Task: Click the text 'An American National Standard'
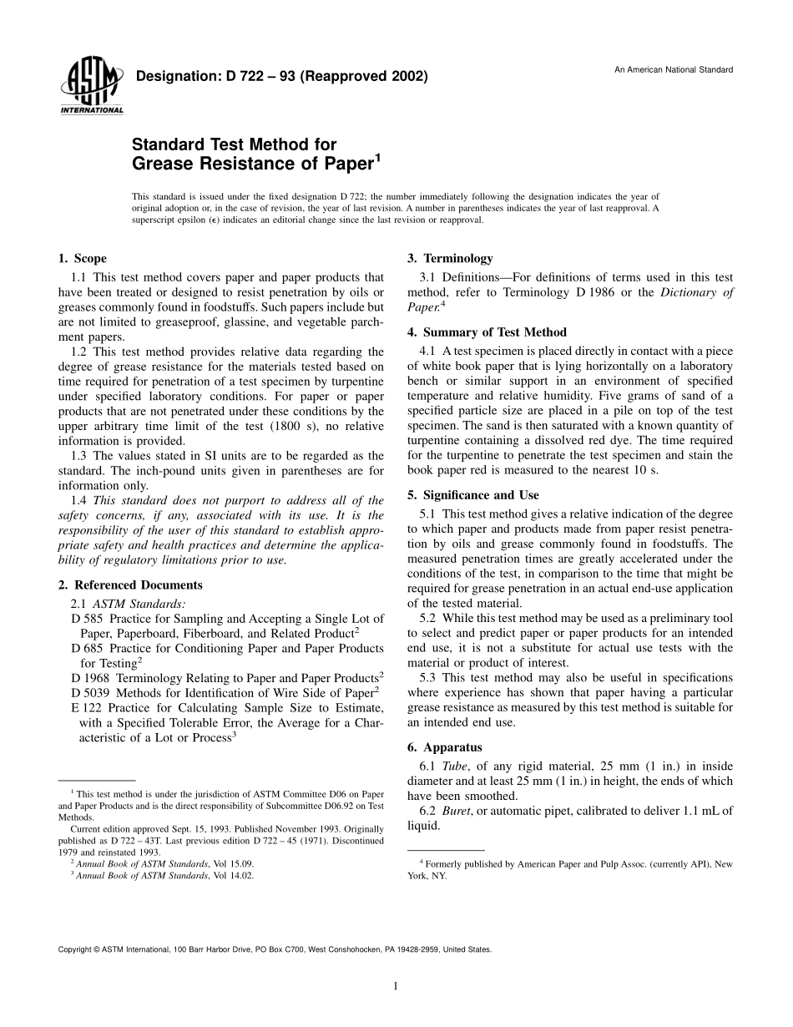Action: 674,69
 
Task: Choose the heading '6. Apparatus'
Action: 444,747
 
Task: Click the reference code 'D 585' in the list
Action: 88,619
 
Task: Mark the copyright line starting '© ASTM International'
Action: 275,949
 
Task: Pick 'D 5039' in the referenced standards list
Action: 91,693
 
